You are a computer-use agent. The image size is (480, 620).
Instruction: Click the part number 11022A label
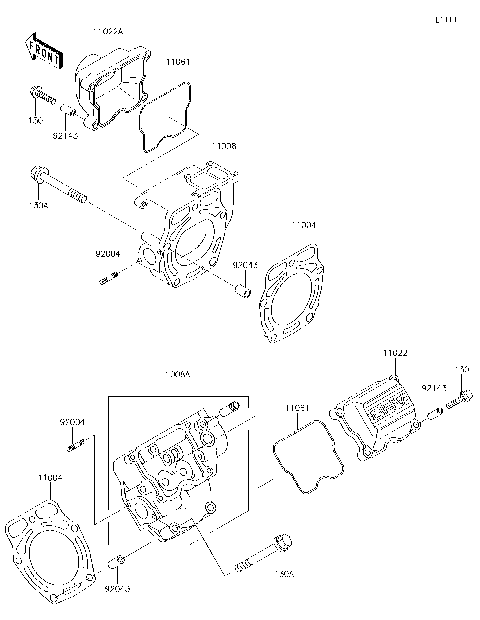click(x=107, y=31)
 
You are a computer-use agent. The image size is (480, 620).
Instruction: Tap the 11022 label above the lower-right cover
click(x=396, y=353)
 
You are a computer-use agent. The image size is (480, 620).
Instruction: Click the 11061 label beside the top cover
click(x=179, y=62)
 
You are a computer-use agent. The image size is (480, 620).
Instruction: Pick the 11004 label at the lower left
click(x=50, y=478)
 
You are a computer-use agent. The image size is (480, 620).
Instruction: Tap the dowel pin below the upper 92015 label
click(x=241, y=291)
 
